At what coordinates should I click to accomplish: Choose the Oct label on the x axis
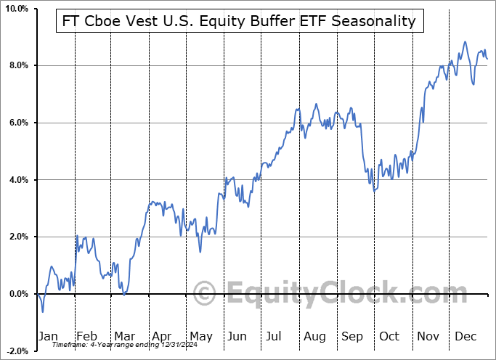tap(390, 336)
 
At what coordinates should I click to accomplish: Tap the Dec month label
tap(466, 336)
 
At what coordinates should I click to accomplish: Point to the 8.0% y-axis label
tap(18, 65)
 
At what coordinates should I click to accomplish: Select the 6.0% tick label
tap(18, 123)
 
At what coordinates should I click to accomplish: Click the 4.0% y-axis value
tap(18, 180)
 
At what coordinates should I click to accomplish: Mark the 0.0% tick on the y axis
tap(18, 294)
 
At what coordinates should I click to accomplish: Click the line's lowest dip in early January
tap(43, 312)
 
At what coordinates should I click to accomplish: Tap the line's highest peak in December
tap(465, 42)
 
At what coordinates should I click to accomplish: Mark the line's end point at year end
tap(487, 59)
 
